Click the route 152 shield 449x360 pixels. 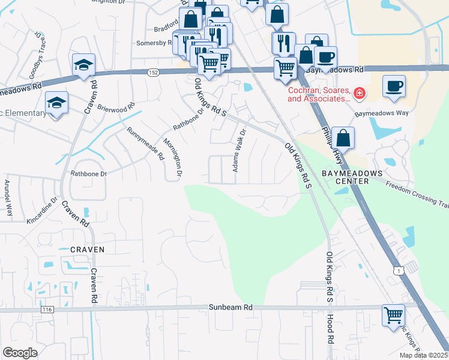coord(153,72)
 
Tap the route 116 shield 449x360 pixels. coord(47,310)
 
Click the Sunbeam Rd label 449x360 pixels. coord(231,307)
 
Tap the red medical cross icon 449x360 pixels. coord(358,93)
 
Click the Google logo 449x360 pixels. coord(20,353)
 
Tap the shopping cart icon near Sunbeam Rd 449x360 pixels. coord(394,314)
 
